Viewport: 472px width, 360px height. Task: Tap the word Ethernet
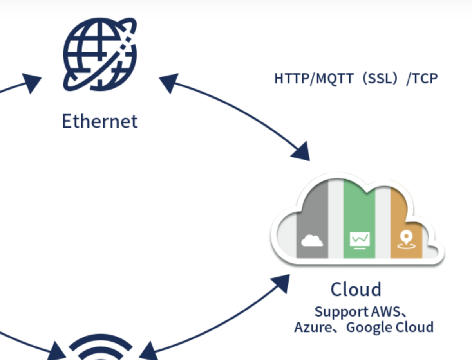click(100, 121)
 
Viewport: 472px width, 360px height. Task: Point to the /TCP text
click(422, 79)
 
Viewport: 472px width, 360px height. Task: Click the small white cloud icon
click(312, 240)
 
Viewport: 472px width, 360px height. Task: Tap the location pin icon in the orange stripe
click(406, 239)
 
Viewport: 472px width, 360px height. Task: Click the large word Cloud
click(356, 290)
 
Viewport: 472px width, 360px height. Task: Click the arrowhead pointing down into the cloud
click(302, 152)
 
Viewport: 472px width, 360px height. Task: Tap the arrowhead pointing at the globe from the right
click(168, 83)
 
